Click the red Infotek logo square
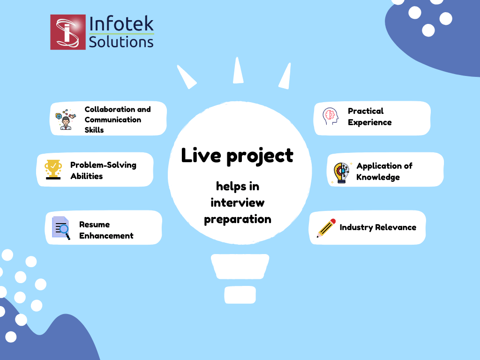coord(68,32)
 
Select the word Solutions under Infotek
coord(121,42)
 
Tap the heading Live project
coord(237,156)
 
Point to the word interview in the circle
coord(237,202)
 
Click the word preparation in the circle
coord(237,219)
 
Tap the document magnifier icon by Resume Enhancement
coord(61,228)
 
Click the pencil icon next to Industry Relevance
coord(326,228)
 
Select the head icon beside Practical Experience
coord(330,116)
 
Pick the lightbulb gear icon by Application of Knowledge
coord(341,172)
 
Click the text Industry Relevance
coord(378,227)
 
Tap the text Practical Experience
coord(369,117)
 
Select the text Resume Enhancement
coord(106,230)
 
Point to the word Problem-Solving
coord(103,165)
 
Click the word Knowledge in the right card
coord(378,177)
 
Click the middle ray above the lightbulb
coord(239,70)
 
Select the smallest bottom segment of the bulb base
coord(240,294)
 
